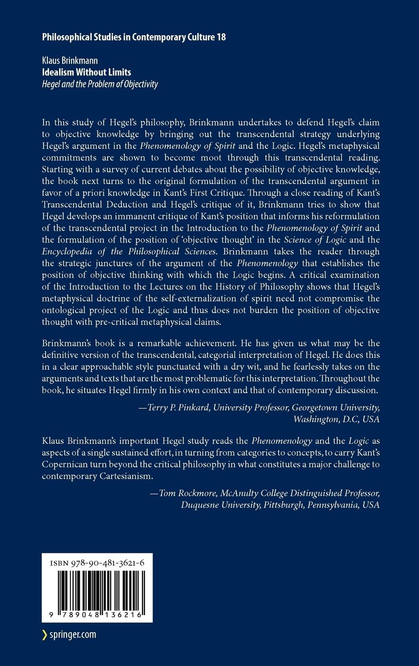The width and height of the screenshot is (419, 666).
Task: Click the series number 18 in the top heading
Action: [x=221, y=37]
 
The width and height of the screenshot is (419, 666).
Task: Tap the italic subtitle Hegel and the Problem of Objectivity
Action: [x=100, y=84]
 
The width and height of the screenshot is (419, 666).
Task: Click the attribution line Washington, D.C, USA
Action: [x=336, y=419]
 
